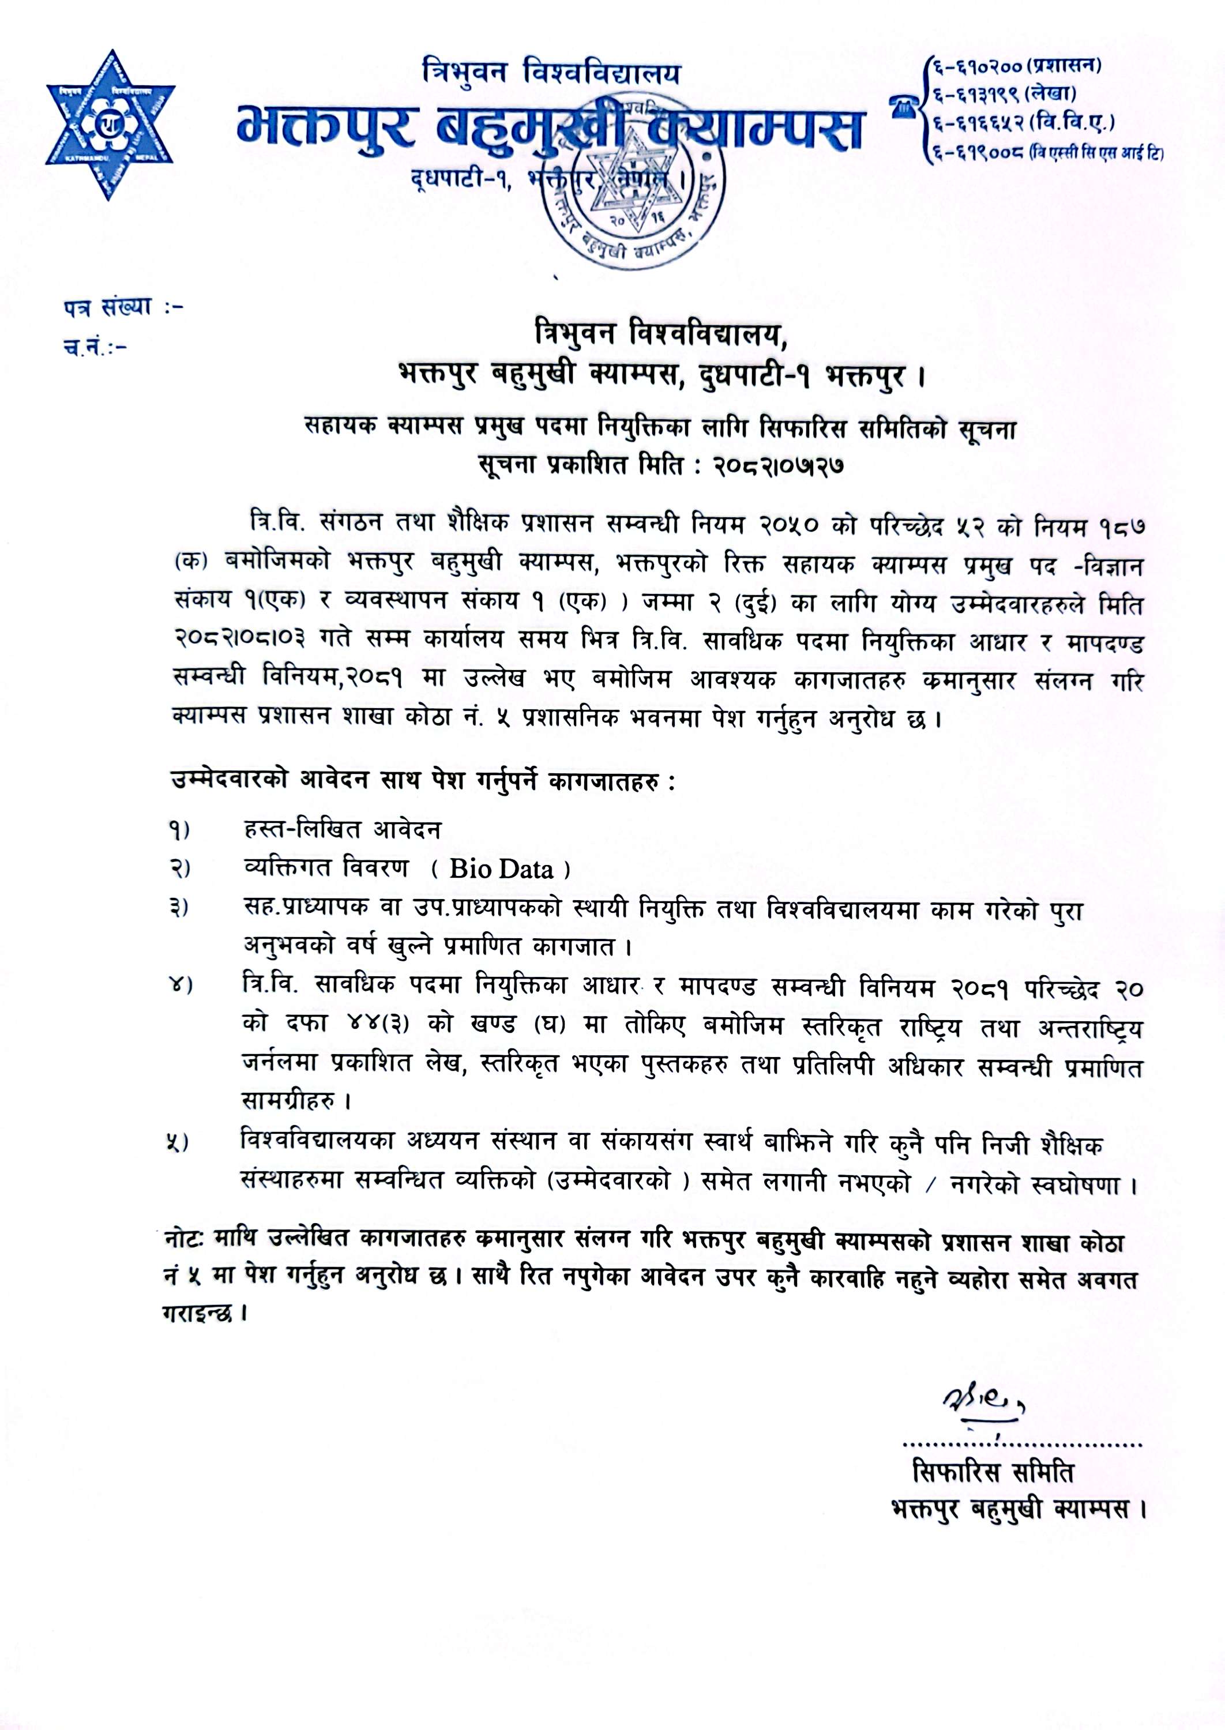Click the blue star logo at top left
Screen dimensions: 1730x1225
[x=110, y=125]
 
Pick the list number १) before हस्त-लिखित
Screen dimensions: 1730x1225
[x=179, y=830]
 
